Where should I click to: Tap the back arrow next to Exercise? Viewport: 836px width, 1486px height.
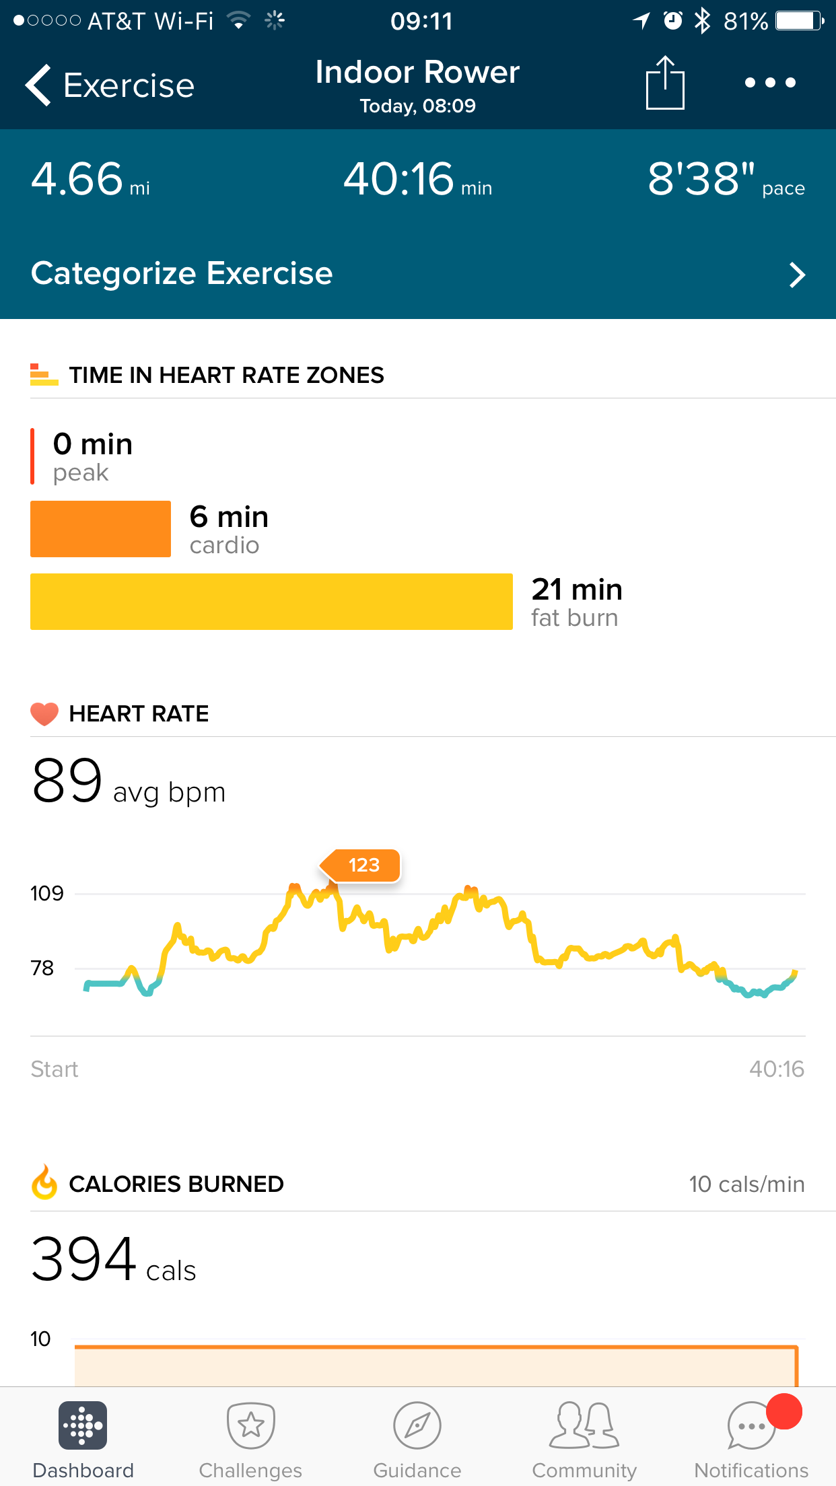39,85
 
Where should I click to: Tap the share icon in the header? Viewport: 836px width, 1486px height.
665,83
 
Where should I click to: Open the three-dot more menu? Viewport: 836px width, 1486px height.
770,83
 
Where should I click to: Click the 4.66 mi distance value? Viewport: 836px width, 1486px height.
78,179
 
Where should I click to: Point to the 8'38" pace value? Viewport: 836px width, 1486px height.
701,179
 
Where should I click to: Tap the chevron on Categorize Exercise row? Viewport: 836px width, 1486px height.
797,275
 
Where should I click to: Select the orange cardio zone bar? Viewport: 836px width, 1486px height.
100,529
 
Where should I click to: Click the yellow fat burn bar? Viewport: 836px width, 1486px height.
271,602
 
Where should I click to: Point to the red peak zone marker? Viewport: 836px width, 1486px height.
32,456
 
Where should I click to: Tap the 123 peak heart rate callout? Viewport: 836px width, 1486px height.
363,865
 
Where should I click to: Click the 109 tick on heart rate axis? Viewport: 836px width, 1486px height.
47,894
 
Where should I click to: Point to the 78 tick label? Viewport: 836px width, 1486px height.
42,968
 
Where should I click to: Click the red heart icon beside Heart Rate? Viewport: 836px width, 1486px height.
44,713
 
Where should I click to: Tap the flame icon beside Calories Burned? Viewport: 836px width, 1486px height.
44,1182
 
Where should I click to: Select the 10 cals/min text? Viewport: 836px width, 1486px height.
746,1184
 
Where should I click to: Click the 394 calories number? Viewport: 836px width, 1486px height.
84,1259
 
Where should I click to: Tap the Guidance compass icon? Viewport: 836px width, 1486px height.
417,1425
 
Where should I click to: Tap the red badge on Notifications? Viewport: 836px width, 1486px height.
784,1411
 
